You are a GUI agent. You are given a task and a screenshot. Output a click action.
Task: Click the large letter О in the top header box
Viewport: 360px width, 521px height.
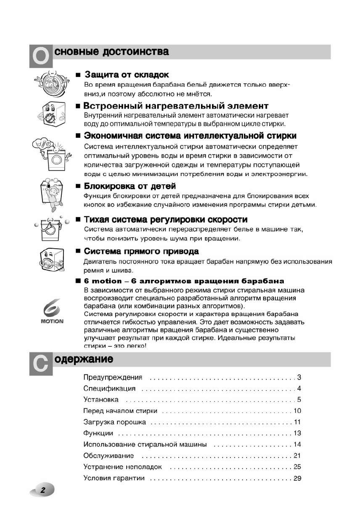click(x=41, y=56)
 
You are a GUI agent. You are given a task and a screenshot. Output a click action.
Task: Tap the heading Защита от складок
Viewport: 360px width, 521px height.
click(x=127, y=75)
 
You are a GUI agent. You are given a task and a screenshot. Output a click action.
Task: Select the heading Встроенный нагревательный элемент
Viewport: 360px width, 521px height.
click(x=176, y=106)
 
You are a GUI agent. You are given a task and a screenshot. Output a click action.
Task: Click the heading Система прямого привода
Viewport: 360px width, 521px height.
click(x=141, y=251)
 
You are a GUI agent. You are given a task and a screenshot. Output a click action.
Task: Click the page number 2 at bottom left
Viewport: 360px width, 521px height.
click(x=42, y=490)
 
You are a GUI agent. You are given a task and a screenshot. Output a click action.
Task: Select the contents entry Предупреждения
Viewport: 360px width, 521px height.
click(x=113, y=377)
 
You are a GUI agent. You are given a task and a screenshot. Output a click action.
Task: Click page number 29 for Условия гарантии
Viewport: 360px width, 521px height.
click(x=297, y=478)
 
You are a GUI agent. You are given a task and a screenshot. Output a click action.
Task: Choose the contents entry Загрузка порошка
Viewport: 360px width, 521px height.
click(x=115, y=422)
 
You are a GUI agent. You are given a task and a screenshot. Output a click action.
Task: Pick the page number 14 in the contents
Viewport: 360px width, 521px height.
click(x=297, y=444)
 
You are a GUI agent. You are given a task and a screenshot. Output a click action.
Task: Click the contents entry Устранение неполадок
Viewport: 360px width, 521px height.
click(x=123, y=467)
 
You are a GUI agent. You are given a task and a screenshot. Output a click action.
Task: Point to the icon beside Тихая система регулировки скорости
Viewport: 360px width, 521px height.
click(x=51, y=227)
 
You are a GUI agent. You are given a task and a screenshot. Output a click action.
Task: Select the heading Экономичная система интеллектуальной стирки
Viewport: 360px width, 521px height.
click(x=190, y=136)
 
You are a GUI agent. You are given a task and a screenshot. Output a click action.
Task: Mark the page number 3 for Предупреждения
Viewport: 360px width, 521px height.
click(x=299, y=377)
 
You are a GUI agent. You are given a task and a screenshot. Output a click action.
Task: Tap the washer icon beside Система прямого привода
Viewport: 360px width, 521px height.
click(x=52, y=260)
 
